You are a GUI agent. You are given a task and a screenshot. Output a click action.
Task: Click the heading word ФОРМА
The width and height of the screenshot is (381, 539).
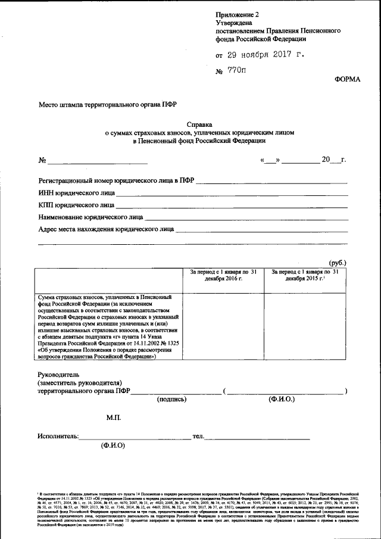[347, 79]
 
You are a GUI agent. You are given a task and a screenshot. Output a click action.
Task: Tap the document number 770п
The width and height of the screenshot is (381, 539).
[236, 70]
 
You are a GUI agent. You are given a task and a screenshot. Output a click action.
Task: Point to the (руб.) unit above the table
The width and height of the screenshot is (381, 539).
[338, 263]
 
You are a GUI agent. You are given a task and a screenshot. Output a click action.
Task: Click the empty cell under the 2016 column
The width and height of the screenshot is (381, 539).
[223, 327]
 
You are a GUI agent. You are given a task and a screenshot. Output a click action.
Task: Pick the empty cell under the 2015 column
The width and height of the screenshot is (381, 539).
[305, 327]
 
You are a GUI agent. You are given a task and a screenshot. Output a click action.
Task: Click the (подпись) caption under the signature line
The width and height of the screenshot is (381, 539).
[172, 400]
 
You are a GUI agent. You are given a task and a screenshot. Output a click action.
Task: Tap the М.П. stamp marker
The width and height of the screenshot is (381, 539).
[114, 419]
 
